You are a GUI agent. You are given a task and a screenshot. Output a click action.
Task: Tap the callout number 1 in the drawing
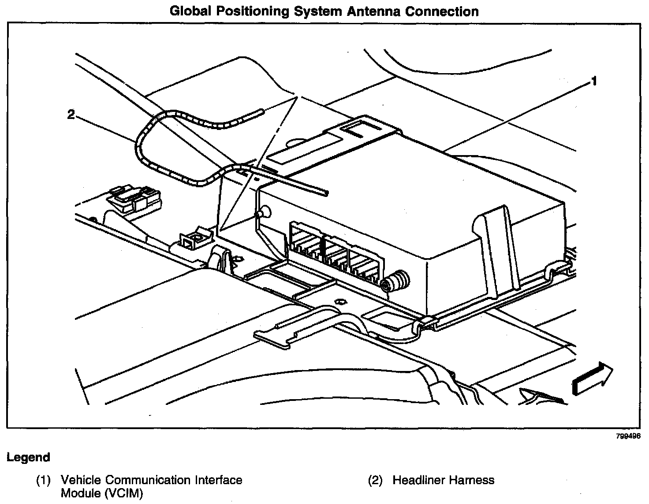[x=594, y=81]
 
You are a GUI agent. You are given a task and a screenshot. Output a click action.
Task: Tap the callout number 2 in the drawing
[x=71, y=115]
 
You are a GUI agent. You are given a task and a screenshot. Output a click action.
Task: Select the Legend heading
[x=28, y=457]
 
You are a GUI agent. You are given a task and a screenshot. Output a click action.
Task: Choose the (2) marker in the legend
[x=375, y=480]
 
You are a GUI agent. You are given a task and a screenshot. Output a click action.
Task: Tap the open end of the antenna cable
[x=325, y=193]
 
